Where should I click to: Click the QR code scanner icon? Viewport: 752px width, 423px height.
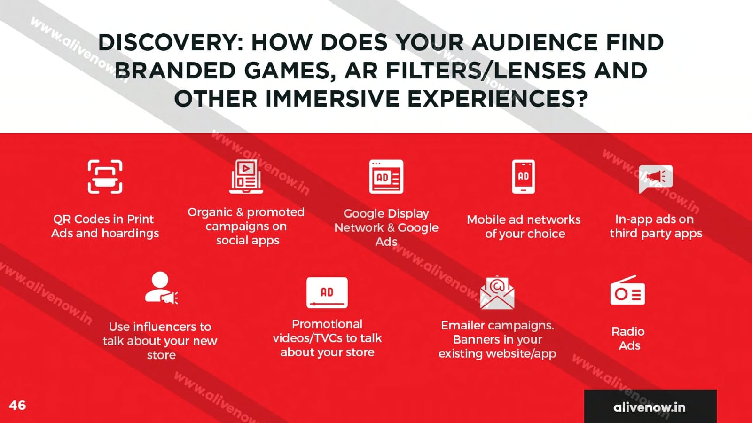click(105, 177)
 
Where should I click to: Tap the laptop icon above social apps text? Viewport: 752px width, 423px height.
click(246, 177)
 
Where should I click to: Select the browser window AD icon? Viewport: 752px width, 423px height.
click(386, 177)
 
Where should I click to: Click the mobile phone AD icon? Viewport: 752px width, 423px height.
click(524, 177)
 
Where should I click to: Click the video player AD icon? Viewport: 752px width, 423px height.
click(327, 293)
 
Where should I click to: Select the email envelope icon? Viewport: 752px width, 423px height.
click(497, 292)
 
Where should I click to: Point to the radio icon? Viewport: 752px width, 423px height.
click(627, 290)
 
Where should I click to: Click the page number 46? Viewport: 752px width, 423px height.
click(17, 405)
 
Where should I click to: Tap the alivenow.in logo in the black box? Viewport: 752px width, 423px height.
click(649, 407)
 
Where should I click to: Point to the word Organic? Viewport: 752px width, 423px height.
click(210, 212)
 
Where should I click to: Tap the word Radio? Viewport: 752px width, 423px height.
click(628, 332)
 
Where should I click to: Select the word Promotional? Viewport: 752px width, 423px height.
click(327, 324)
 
